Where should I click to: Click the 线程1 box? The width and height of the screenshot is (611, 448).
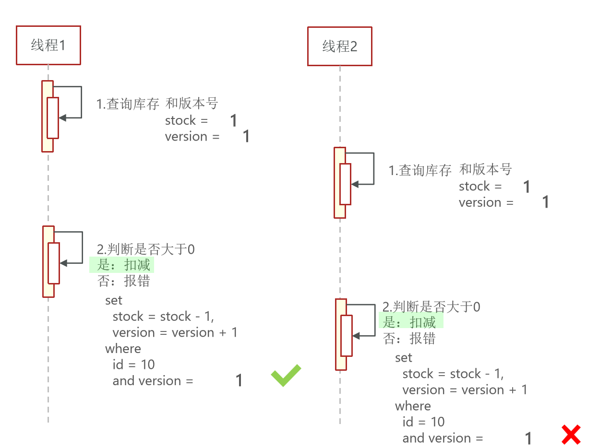pyautogui.click(x=48, y=46)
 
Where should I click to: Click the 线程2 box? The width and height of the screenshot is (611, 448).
pyautogui.click(x=339, y=47)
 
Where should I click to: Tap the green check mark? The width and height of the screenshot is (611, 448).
pyautogui.click(x=286, y=376)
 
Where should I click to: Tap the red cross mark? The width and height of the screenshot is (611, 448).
pyautogui.click(x=571, y=435)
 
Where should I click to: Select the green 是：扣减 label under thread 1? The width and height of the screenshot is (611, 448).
pyautogui.click(x=124, y=265)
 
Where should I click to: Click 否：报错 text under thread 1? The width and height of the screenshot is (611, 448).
pyautogui.click(x=124, y=281)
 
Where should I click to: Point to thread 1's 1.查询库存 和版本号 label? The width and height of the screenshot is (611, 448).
pyautogui.click(x=157, y=104)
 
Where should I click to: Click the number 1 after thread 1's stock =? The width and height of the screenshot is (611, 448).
pyautogui.click(x=234, y=120)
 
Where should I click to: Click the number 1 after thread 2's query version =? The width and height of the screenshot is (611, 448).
pyautogui.click(x=545, y=202)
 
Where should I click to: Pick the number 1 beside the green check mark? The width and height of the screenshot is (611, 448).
pyautogui.click(x=239, y=381)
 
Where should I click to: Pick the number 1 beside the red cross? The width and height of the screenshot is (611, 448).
pyautogui.click(x=528, y=438)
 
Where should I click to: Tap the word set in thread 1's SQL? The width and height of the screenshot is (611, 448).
pyautogui.click(x=114, y=300)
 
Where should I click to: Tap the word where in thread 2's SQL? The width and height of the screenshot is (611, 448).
pyautogui.click(x=413, y=406)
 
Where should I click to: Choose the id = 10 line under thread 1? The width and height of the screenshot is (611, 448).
pyautogui.click(x=133, y=365)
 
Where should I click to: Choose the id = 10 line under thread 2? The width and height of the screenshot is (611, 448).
pyautogui.click(x=423, y=422)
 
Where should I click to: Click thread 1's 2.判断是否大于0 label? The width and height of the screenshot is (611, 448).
pyautogui.click(x=146, y=249)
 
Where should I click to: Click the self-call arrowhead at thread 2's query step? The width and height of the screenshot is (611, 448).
pyautogui.click(x=354, y=184)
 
